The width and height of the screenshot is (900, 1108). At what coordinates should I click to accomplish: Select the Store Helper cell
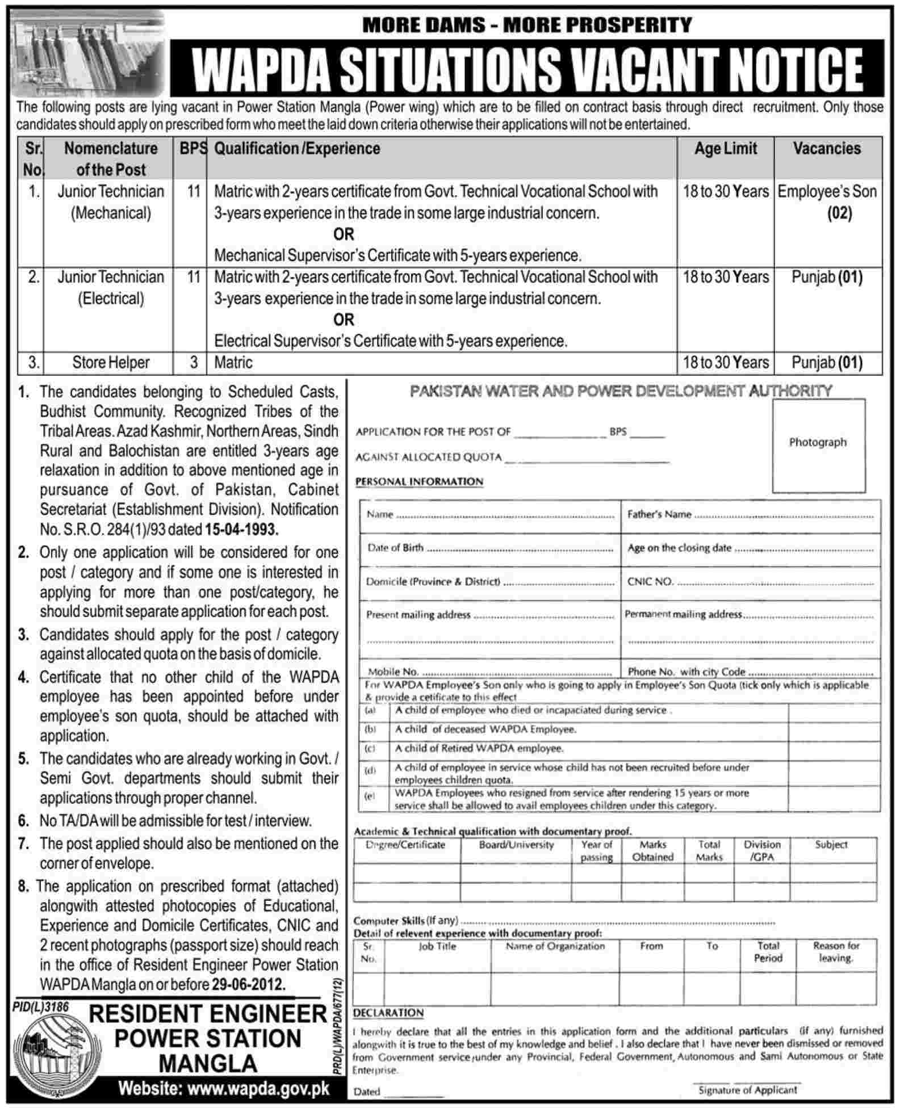pos(111,363)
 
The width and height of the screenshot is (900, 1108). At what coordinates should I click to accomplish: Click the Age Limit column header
pos(725,149)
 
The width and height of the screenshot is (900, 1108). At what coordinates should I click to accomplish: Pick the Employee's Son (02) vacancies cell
pos(827,203)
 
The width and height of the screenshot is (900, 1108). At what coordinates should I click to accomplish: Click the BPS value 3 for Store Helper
pos(194,363)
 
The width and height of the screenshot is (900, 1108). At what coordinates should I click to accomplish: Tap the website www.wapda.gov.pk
pos(223,1089)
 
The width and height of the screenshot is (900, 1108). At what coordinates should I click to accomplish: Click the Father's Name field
pos(750,515)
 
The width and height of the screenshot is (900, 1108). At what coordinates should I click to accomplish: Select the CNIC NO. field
pos(750,582)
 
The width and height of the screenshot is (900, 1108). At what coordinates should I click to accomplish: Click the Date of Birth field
pos(488,549)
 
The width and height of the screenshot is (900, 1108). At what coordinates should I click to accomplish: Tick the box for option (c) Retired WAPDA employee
pos(834,749)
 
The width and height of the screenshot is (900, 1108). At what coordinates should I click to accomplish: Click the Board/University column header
pos(516,845)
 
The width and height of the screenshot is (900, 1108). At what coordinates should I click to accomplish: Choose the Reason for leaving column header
pos(836,952)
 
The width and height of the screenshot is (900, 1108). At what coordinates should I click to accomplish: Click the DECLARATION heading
pos(388,1013)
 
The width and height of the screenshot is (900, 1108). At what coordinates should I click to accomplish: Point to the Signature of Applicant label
pos(747,1089)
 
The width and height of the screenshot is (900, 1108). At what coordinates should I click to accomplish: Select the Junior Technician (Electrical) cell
pos(111,288)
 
